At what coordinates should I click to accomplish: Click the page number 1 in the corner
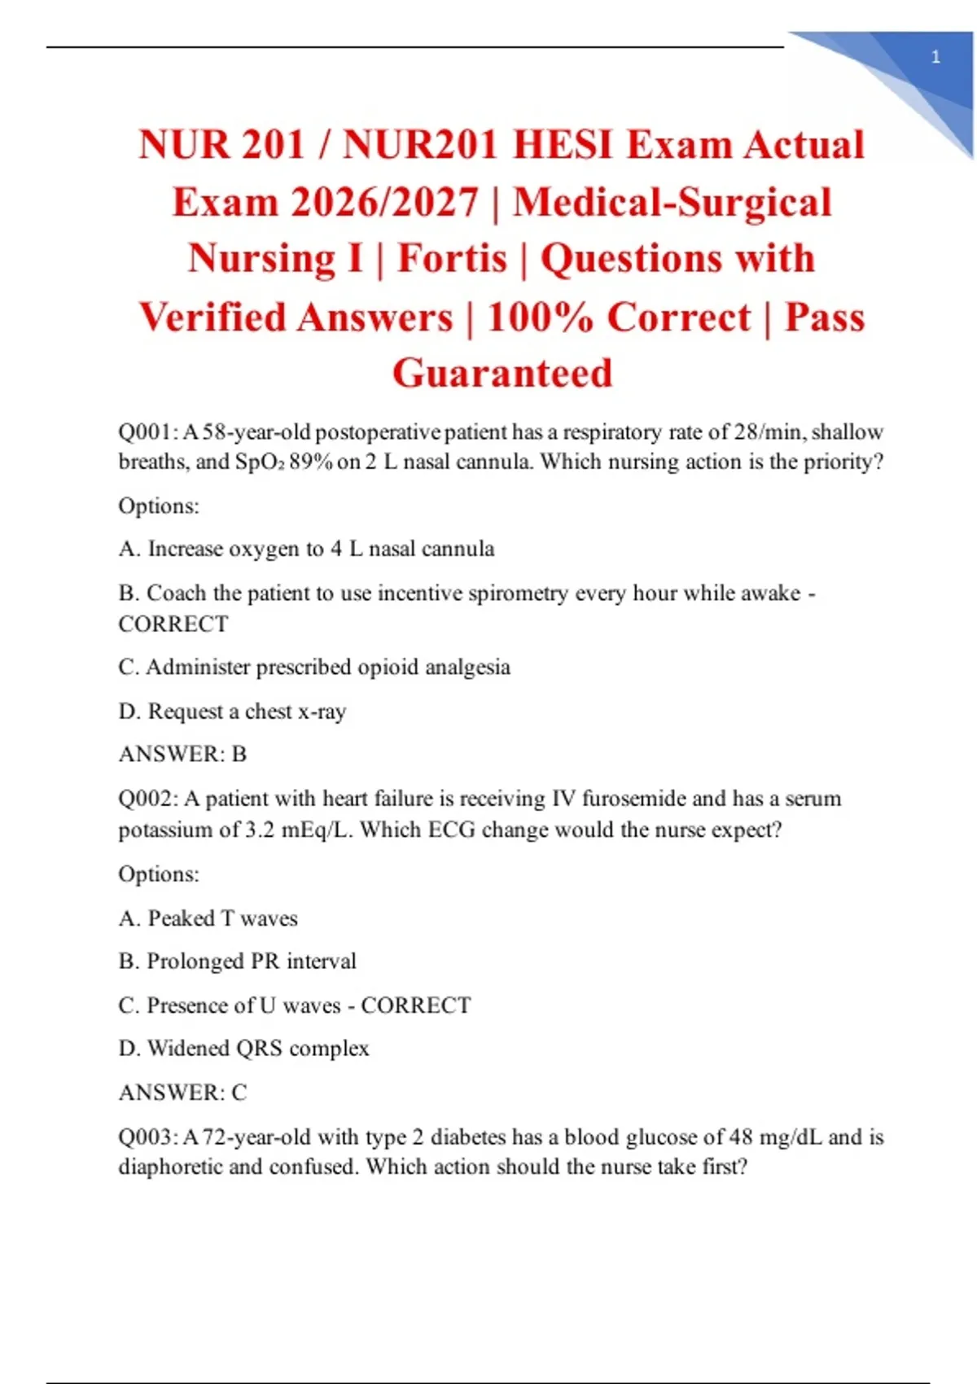[x=935, y=57]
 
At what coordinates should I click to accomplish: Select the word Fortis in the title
[x=452, y=259]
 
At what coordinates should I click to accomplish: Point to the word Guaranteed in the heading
[x=502, y=374]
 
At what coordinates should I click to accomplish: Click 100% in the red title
[x=539, y=317]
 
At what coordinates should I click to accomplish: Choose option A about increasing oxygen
[x=306, y=549]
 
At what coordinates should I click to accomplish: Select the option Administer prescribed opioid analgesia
[x=314, y=668]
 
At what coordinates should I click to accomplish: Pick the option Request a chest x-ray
[x=232, y=712]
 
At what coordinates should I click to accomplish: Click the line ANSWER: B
[x=182, y=755]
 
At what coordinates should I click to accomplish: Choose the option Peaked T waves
[x=208, y=918]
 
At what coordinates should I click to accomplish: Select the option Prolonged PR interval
[x=238, y=961]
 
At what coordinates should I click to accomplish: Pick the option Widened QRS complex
[x=243, y=1049]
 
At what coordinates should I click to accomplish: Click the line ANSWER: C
[x=182, y=1093]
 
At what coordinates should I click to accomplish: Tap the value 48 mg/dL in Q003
[x=775, y=1137]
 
